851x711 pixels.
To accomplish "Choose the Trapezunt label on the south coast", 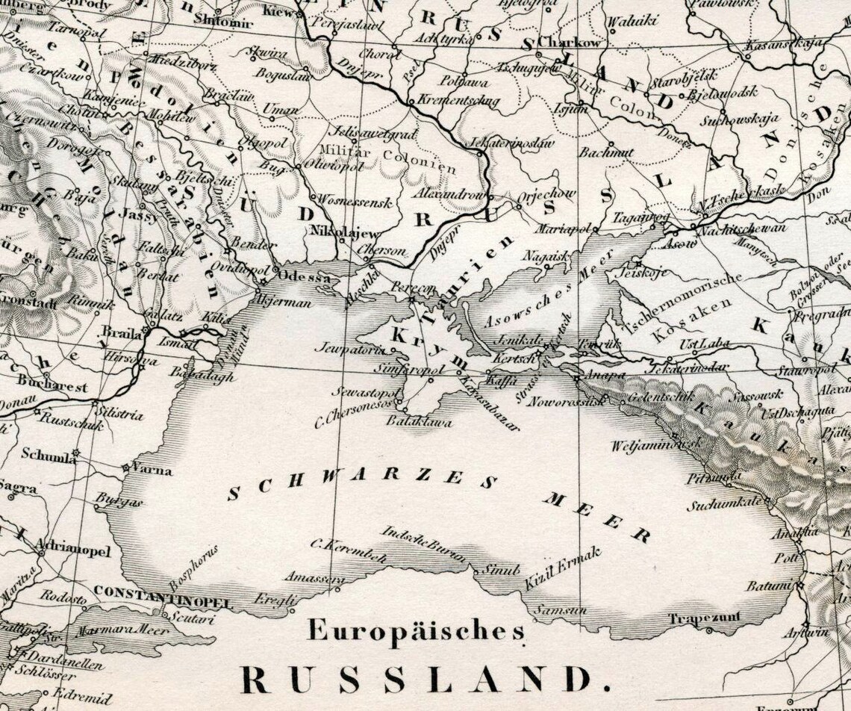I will pyautogui.click(x=704, y=618).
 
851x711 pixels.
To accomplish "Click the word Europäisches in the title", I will pyautogui.click(x=416, y=632).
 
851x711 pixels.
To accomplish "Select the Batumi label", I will pyautogui.click(x=769, y=587).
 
